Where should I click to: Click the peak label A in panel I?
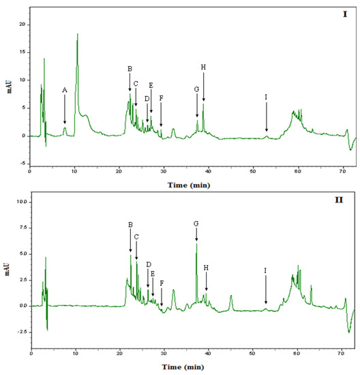click(65, 90)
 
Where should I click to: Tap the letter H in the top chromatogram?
click(203, 67)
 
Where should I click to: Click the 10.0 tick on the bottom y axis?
click(20, 202)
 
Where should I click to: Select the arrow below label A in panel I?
click(65, 109)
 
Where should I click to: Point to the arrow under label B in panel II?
click(131, 241)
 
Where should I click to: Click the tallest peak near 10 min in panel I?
click(78, 34)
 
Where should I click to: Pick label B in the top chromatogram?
click(130, 69)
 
